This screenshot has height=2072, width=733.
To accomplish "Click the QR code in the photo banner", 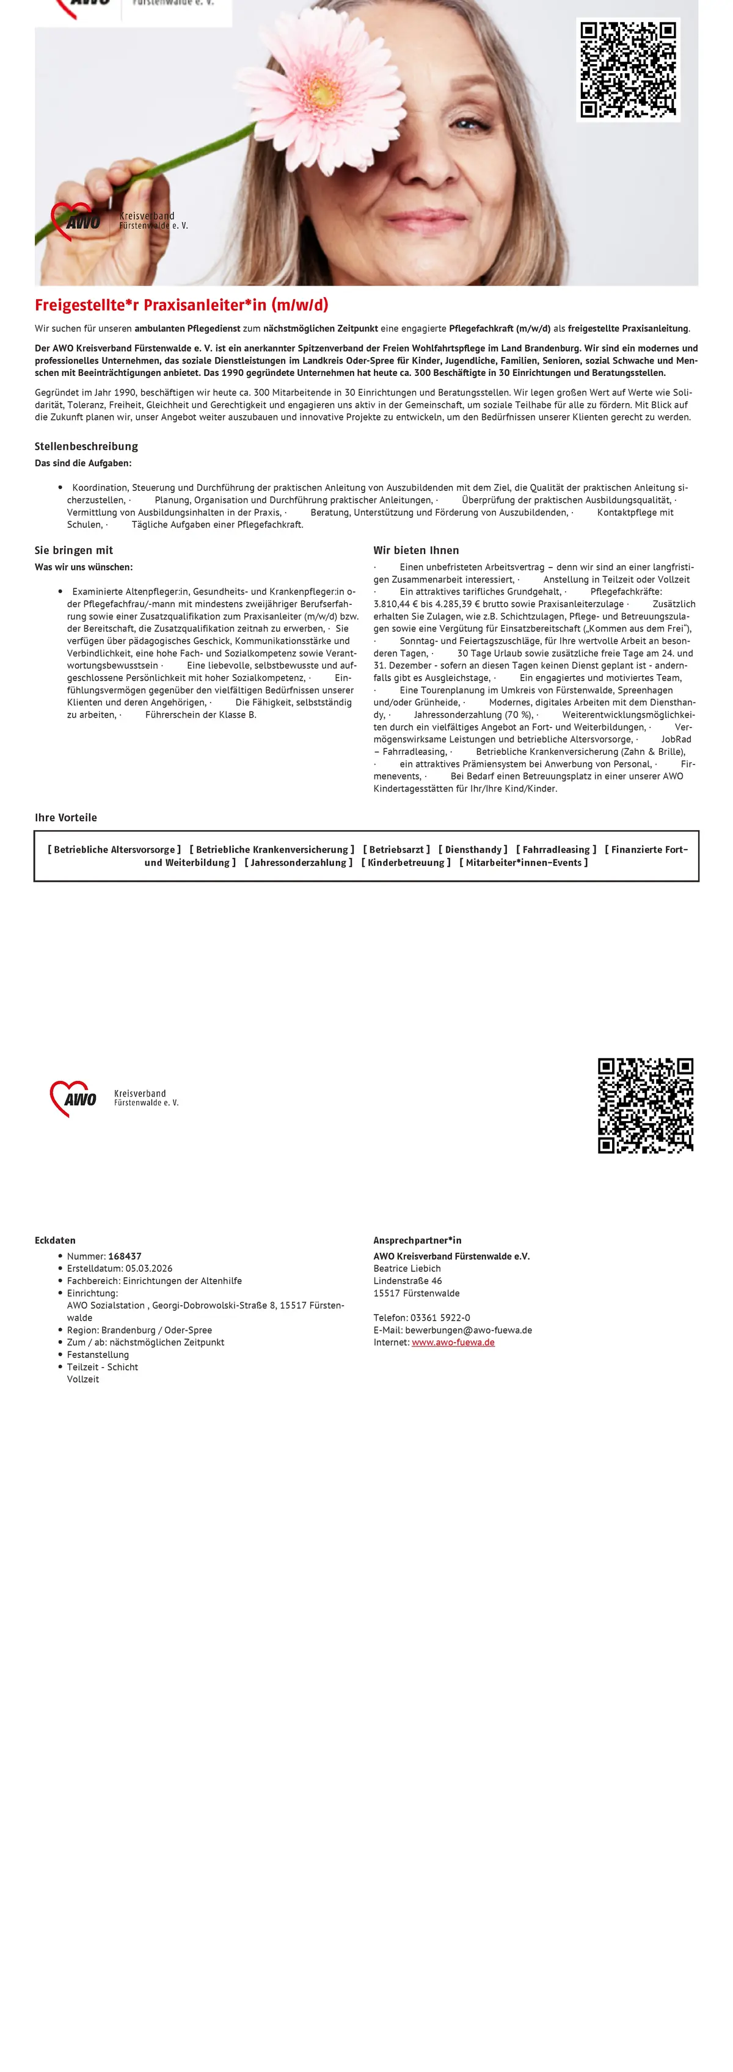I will coord(629,70).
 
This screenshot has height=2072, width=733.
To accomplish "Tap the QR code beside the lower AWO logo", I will coord(645,1105).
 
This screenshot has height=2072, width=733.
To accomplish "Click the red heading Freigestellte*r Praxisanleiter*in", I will coord(181,305).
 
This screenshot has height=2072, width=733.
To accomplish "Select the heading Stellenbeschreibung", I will coord(86,446).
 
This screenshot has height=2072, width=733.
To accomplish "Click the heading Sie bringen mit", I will coord(73,550).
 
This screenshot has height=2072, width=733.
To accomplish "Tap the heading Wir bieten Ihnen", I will coord(416,550).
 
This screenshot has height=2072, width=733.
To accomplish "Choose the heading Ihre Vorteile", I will coord(65,817).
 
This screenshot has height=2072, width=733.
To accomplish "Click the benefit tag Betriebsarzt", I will coord(396,850).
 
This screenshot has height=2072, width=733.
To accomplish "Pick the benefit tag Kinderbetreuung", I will coord(406,862).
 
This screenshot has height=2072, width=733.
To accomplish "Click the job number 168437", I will coord(125,1255).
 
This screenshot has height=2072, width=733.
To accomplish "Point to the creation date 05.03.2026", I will coord(149,1268).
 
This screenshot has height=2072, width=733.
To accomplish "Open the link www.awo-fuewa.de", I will coord(453,1343).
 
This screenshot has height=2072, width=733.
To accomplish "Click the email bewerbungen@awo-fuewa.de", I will coord(469,1330).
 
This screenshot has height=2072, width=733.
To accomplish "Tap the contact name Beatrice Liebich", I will coord(407,1268).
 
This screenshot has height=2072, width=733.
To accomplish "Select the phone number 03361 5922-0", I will coord(440,1318).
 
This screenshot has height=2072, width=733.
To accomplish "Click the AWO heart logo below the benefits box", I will coord(73,1098).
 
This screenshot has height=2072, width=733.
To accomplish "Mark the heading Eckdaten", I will coord(55,1240).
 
